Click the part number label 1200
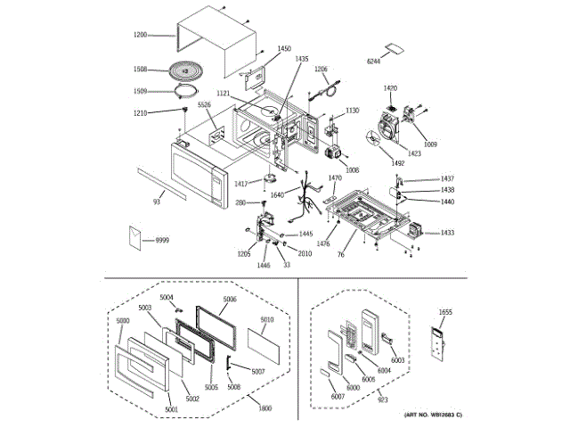click(141, 36)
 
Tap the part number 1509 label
click(141, 90)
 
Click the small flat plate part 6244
click(393, 47)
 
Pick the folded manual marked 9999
click(136, 236)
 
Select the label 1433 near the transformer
click(446, 234)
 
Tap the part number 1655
click(446, 313)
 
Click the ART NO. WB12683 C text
click(436, 416)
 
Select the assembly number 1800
click(264, 408)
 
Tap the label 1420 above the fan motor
click(391, 88)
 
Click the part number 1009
click(431, 143)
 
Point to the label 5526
click(204, 105)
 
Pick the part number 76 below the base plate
click(341, 254)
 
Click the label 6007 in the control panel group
click(337, 395)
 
